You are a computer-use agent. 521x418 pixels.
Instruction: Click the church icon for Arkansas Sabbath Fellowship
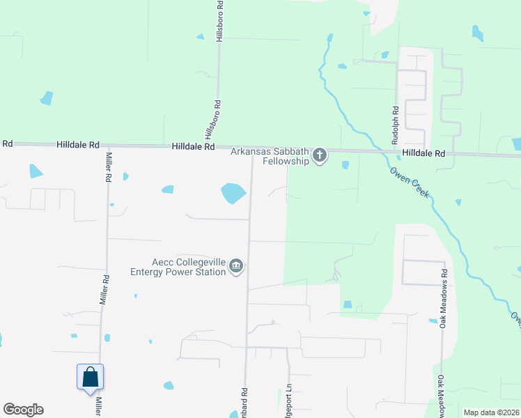tap(320, 155)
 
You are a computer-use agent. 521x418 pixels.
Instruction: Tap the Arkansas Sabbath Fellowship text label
tap(270, 156)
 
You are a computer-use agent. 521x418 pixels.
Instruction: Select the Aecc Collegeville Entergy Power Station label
tap(178, 266)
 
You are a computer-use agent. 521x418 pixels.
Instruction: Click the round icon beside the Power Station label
tap(236, 266)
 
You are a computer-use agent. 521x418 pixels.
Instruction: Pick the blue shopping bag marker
tap(90, 378)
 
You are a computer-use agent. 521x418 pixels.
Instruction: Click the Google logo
tap(23, 410)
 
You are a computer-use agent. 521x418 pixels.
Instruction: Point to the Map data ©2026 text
tap(491, 412)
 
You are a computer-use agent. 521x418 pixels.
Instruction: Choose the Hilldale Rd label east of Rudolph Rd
tap(423, 153)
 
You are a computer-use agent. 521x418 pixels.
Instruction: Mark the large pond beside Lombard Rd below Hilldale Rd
tap(233, 193)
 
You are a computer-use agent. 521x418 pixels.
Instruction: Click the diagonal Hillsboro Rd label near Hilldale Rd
tap(208, 126)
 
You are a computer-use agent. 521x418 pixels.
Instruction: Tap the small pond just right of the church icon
tap(345, 165)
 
